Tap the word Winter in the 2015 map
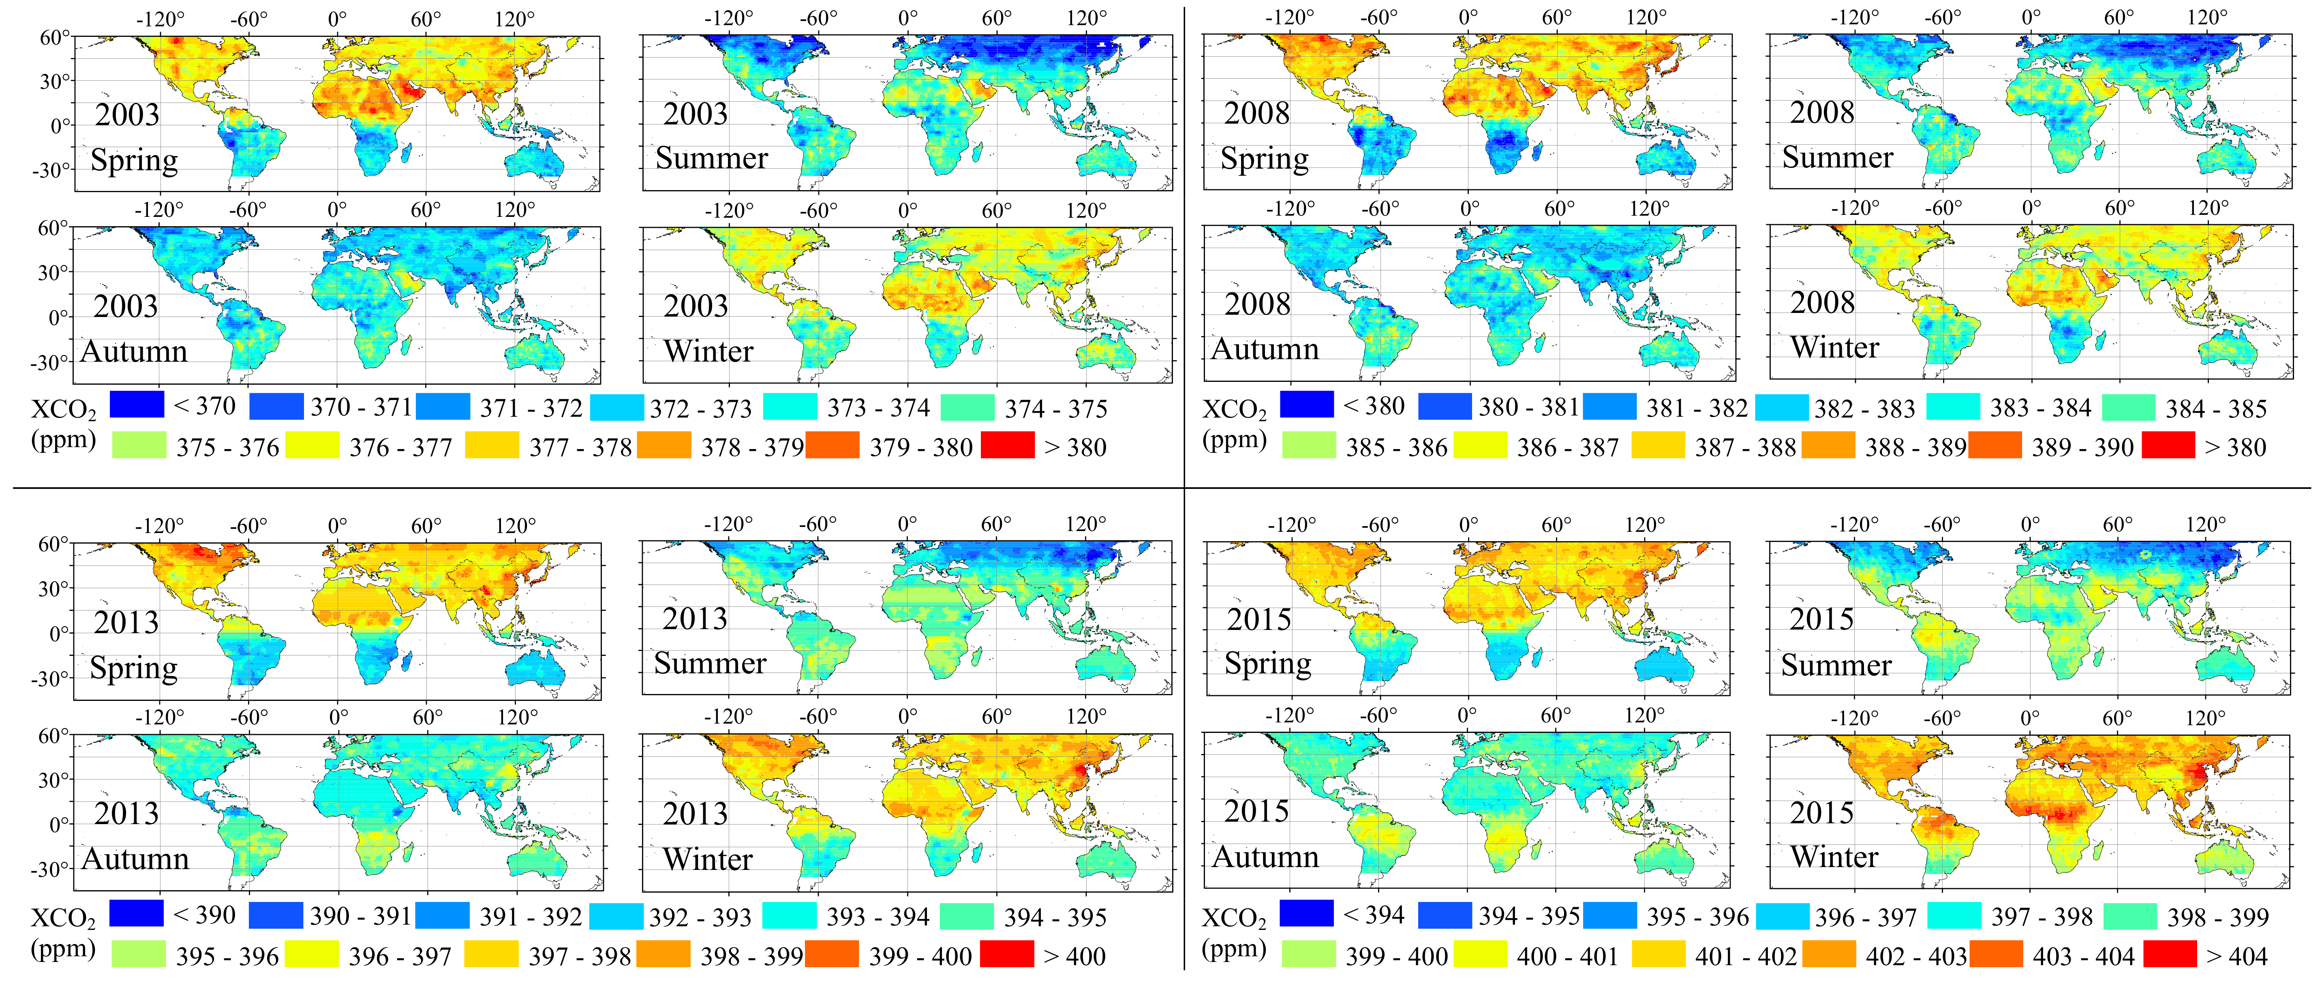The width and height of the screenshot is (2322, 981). (x=1834, y=856)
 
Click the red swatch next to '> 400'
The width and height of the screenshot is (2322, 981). (x=1007, y=955)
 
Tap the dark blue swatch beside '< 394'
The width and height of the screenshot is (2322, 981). (x=1306, y=913)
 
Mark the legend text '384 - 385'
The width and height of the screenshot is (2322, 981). (x=2216, y=409)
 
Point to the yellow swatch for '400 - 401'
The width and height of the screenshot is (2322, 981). (x=1479, y=955)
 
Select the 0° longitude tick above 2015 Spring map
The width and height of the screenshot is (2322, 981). (x=1468, y=525)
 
